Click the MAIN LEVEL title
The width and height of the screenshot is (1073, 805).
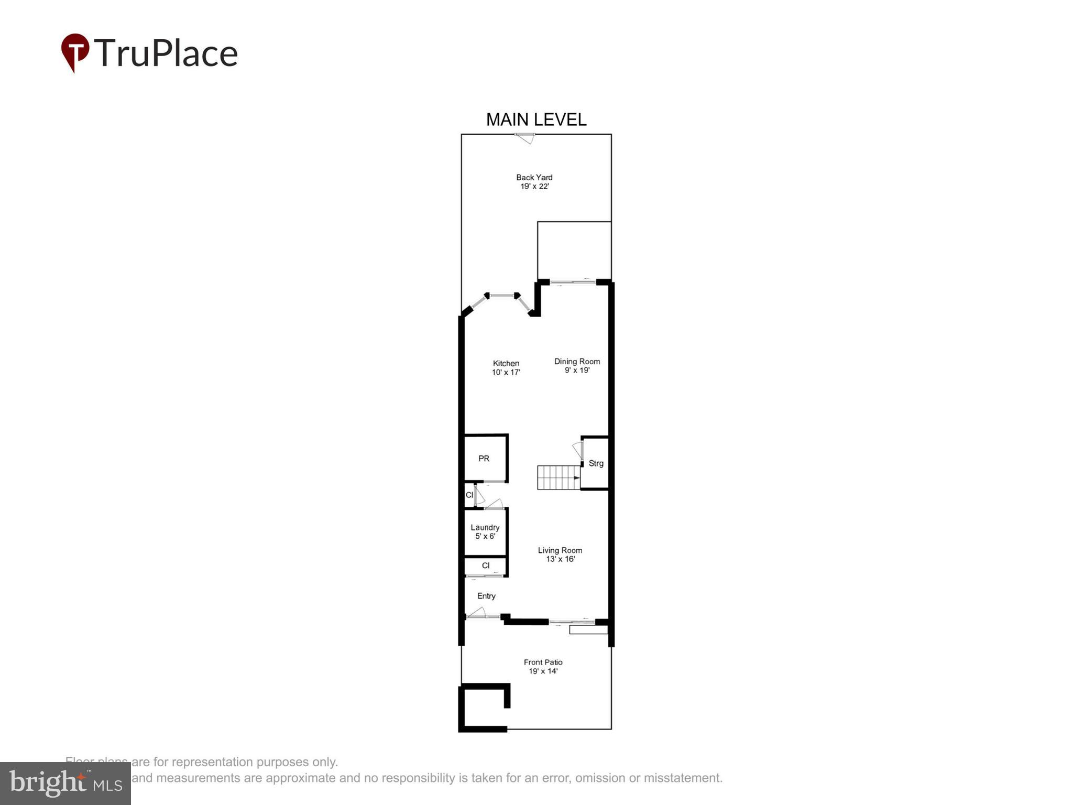point(536,119)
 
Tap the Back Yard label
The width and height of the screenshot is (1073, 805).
point(534,178)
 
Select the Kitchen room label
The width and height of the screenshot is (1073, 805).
point(506,363)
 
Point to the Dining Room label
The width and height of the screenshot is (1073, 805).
point(577,362)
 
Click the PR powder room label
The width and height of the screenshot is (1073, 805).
point(484,459)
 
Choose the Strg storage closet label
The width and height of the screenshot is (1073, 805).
point(596,463)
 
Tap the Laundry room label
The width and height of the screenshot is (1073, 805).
point(485,528)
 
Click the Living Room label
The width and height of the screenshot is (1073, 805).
point(560,550)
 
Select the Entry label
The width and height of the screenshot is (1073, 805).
point(486,596)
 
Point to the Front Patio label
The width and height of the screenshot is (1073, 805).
point(543,662)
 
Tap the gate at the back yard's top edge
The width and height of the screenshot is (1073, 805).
point(524,138)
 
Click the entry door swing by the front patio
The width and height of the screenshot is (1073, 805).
point(476,613)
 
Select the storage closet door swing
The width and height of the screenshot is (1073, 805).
point(577,450)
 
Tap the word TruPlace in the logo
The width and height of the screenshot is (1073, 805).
point(166,53)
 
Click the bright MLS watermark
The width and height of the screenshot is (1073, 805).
point(65,783)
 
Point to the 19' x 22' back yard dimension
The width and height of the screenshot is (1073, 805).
point(534,187)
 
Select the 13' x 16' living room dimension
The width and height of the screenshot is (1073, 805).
point(560,559)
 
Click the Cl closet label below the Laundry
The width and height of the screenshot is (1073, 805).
point(486,565)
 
